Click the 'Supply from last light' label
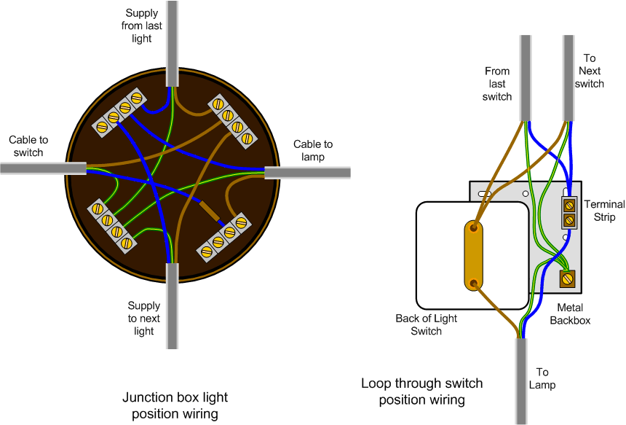tap(142, 26)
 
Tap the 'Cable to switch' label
tap(28, 146)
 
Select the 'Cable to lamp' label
tap(313, 151)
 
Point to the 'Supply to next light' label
tap(144, 319)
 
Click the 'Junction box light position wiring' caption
tap(175, 405)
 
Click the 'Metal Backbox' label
tap(570, 313)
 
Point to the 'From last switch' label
tap(497, 84)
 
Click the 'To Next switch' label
tap(590, 71)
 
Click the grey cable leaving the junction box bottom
tap(172, 306)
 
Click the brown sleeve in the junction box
tap(209, 209)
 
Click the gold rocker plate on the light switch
tap(475, 256)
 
